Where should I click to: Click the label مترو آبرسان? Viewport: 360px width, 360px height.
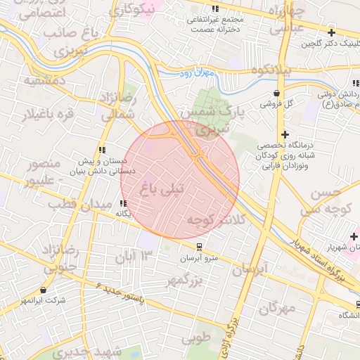tap(200, 259)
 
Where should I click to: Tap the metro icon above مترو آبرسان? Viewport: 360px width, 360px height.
tap(200, 247)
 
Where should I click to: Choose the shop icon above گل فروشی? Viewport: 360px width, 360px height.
tap(278, 93)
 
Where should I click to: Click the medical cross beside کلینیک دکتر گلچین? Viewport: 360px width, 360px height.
tap(331, 32)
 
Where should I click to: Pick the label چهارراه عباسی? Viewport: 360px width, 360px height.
tap(287, 21)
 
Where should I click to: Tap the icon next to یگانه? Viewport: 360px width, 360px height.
tap(124, 204)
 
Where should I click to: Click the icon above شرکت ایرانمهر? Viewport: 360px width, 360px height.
tap(44, 290)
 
